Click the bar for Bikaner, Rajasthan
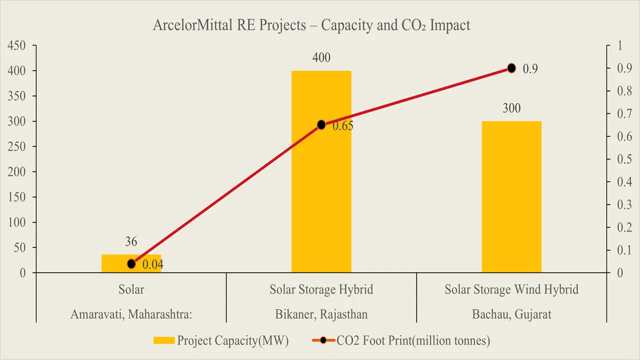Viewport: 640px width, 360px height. [321, 200]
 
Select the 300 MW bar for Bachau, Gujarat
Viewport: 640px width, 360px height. [511, 200]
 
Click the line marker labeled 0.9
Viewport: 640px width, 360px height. [511, 68]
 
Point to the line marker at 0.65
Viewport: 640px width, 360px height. [321, 124]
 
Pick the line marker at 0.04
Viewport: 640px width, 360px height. [131, 263]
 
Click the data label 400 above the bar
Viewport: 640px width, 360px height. [321, 57]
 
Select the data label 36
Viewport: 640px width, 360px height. [131, 242]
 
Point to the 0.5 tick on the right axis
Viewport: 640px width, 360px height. [621, 159]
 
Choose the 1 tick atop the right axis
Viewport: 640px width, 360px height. [619, 45]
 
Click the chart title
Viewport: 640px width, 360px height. [311, 25]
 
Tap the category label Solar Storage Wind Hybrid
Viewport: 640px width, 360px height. [511, 289]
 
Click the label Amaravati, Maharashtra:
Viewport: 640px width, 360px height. [131, 314]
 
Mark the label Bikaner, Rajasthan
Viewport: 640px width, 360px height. [321, 314]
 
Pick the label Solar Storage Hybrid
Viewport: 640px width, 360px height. [321, 289]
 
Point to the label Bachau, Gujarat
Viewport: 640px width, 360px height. [511, 314]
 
